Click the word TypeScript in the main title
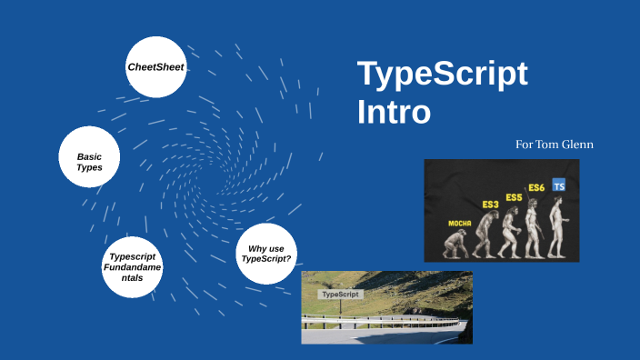[x=442, y=74]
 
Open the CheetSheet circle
[x=156, y=66]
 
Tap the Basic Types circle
[x=89, y=162]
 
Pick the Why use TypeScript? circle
[x=266, y=253]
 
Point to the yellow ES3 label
[x=490, y=205]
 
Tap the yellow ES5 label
[x=514, y=197]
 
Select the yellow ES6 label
[x=536, y=188]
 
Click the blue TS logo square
[x=559, y=185]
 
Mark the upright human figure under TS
[x=557, y=225]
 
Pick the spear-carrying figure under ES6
[x=535, y=227]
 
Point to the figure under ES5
[x=512, y=232]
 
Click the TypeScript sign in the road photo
[x=341, y=295]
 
